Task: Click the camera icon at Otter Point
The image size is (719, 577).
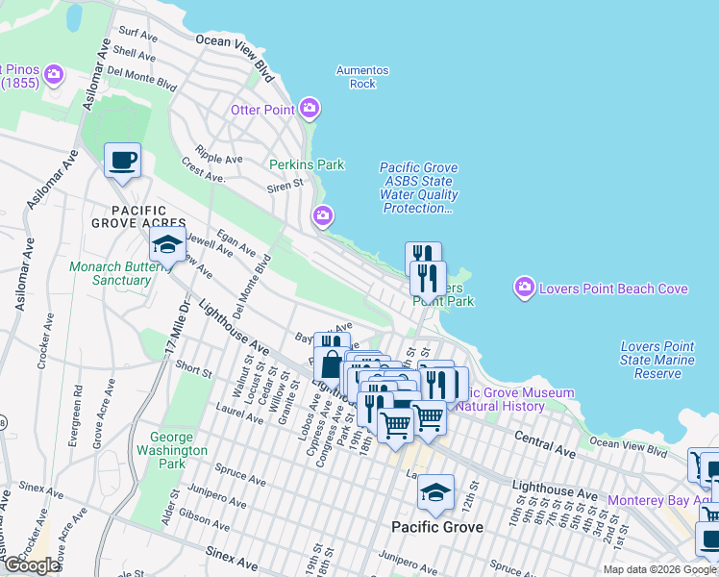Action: [x=310, y=109]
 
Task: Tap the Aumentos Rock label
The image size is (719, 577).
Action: [x=362, y=77]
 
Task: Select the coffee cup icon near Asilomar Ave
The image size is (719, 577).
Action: [x=122, y=160]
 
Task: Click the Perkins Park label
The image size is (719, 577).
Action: [x=307, y=164]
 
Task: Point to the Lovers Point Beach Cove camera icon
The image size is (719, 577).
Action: [x=524, y=287]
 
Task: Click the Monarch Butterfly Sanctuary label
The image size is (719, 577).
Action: [x=110, y=273]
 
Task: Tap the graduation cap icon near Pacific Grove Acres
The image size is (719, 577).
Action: [x=167, y=244]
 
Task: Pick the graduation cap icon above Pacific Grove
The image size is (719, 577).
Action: [x=435, y=493]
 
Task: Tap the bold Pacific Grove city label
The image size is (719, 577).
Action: [x=437, y=527]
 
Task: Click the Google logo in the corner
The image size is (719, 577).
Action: [x=31, y=565]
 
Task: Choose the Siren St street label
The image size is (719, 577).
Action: [x=285, y=181]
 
